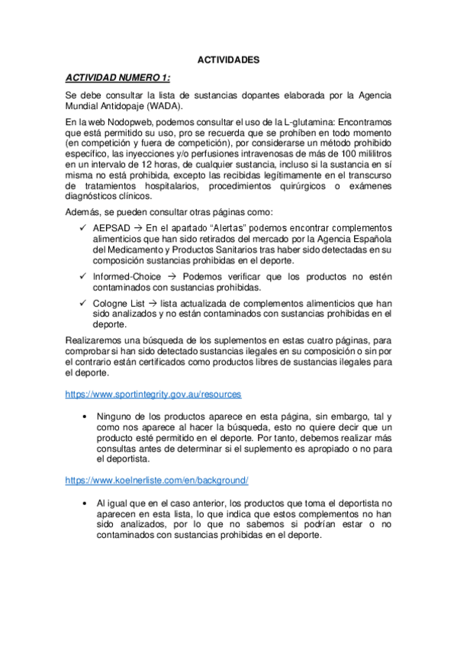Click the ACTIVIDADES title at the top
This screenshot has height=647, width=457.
(228, 60)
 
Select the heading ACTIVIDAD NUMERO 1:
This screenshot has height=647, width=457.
(118, 78)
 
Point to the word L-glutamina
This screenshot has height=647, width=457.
(310, 121)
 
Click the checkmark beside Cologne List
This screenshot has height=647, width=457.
(82, 303)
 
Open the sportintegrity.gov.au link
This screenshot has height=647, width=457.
(153, 394)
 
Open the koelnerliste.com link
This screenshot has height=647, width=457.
(156, 481)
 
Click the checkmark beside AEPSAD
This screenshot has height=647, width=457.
(82, 228)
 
